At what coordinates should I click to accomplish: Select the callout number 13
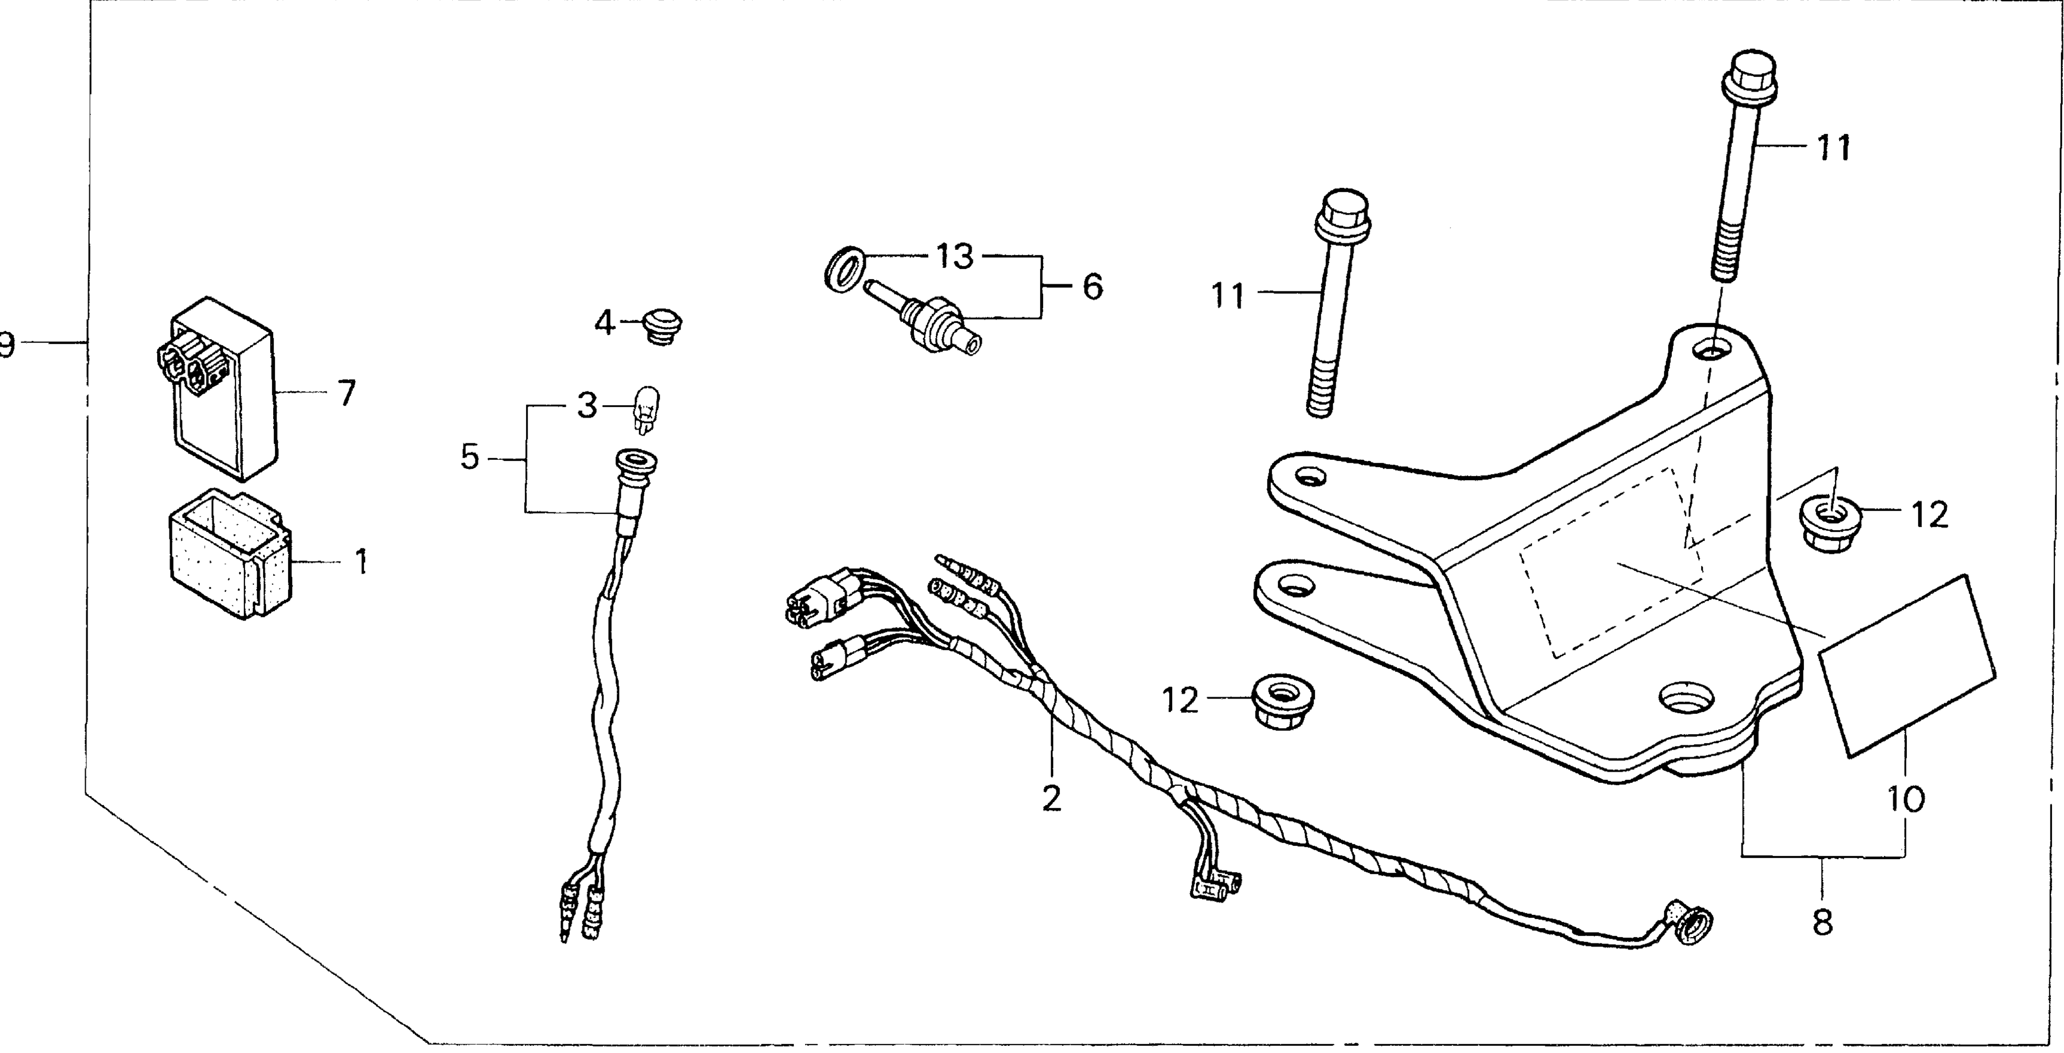[x=954, y=256]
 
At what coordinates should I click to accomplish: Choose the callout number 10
[x=1905, y=798]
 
